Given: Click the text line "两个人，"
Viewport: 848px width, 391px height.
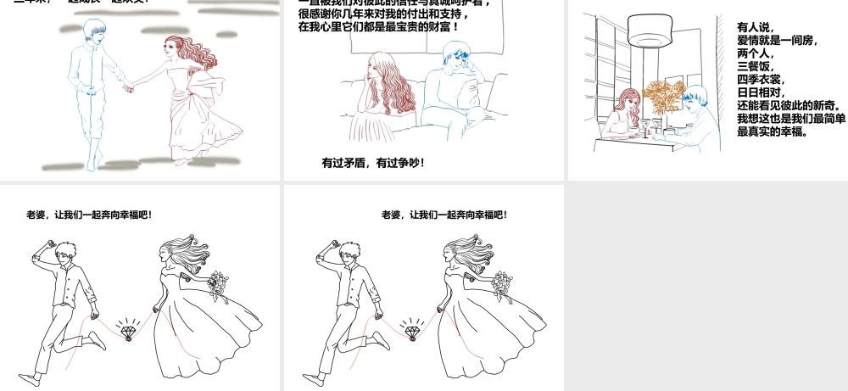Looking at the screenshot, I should coord(754,53).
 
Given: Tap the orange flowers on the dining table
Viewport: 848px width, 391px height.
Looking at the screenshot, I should coord(663,94).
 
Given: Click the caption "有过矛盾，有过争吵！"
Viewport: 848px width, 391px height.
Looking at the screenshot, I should coord(373,162).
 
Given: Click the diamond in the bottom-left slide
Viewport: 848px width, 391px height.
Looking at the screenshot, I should coord(128,331).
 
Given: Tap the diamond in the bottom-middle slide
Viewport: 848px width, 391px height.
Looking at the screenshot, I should coord(413,331).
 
